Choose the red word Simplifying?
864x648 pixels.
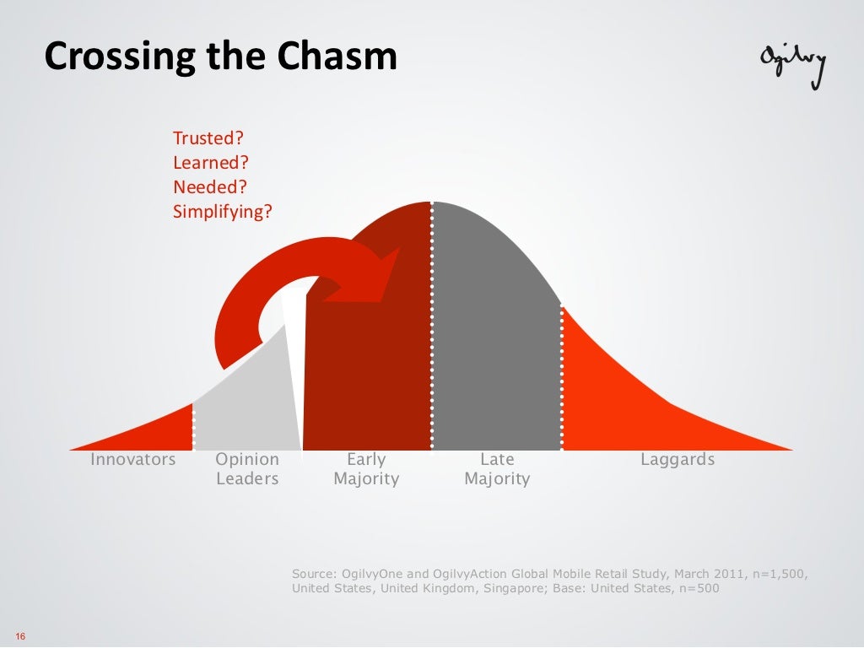(x=223, y=212)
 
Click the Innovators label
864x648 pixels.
(x=133, y=460)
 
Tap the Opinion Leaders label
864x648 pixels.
(x=247, y=469)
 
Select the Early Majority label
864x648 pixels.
(x=366, y=469)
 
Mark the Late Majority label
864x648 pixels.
(x=497, y=469)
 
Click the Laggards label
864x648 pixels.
(x=678, y=460)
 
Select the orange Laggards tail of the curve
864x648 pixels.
(x=641, y=397)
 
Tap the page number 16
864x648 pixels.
(x=20, y=636)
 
